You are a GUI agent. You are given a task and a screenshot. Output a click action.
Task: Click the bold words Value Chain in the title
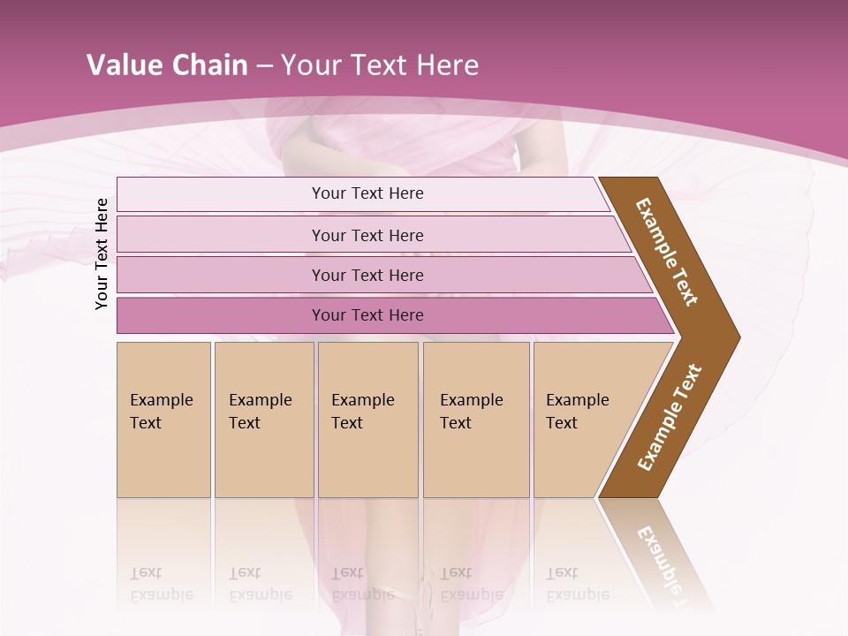click(167, 65)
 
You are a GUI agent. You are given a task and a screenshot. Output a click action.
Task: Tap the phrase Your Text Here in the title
click(380, 65)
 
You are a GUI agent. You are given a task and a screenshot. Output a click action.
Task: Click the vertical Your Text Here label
click(102, 254)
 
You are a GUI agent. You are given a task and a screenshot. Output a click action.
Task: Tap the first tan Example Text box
click(163, 420)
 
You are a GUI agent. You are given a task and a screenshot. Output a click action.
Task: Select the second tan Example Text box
click(264, 420)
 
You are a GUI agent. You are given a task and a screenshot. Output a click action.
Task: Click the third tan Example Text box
click(367, 420)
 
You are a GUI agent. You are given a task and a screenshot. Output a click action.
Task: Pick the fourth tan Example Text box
click(476, 420)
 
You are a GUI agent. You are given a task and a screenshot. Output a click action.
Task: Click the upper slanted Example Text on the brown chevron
click(667, 252)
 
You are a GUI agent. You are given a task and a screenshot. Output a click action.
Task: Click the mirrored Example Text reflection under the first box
click(162, 584)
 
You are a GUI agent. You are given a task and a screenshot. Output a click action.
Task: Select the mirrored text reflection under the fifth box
click(578, 584)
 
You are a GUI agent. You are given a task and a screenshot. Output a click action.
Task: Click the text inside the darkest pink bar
click(367, 315)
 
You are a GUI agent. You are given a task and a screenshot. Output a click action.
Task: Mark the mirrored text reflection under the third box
click(363, 584)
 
